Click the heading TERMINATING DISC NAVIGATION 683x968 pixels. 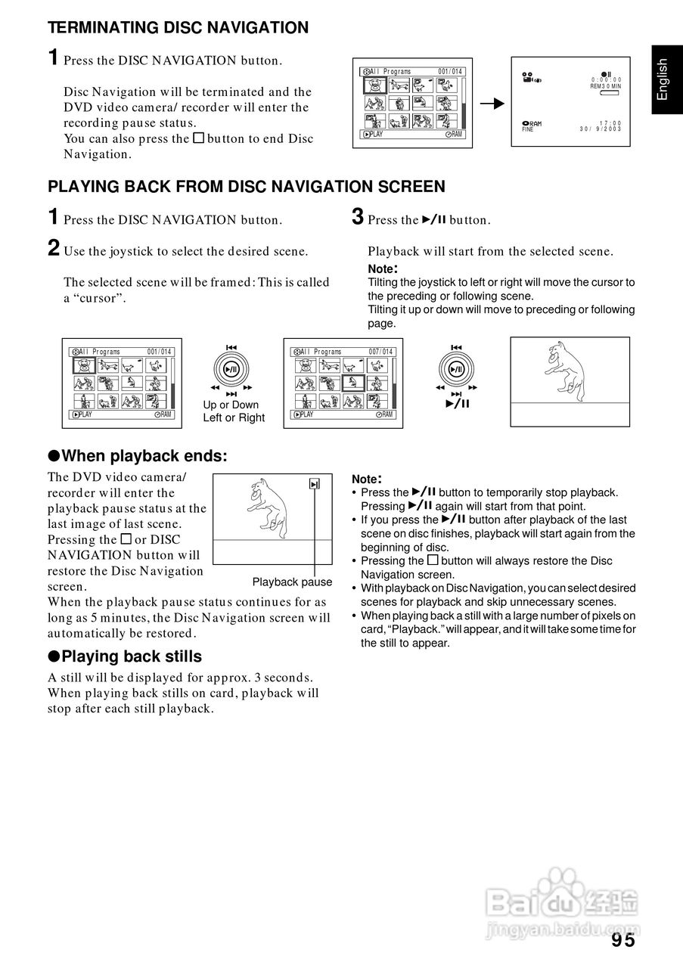coord(179,28)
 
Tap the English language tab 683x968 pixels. coord(663,79)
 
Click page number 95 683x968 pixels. coord(624,940)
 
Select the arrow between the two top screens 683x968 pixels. coord(493,104)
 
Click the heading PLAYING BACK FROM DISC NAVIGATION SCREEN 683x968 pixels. coord(247,186)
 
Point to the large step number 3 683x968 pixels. coord(358,218)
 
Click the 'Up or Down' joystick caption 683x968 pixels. coord(231,405)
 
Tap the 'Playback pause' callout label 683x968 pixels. coord(292,582)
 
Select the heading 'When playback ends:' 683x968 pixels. coord(137,456)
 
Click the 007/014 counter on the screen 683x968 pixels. coord(381,352)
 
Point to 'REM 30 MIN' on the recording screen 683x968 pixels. coord(606,86)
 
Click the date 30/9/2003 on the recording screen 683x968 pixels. coord(601,129)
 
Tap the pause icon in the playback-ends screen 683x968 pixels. coord(315,485)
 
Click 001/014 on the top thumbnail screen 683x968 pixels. coord(450,72)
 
